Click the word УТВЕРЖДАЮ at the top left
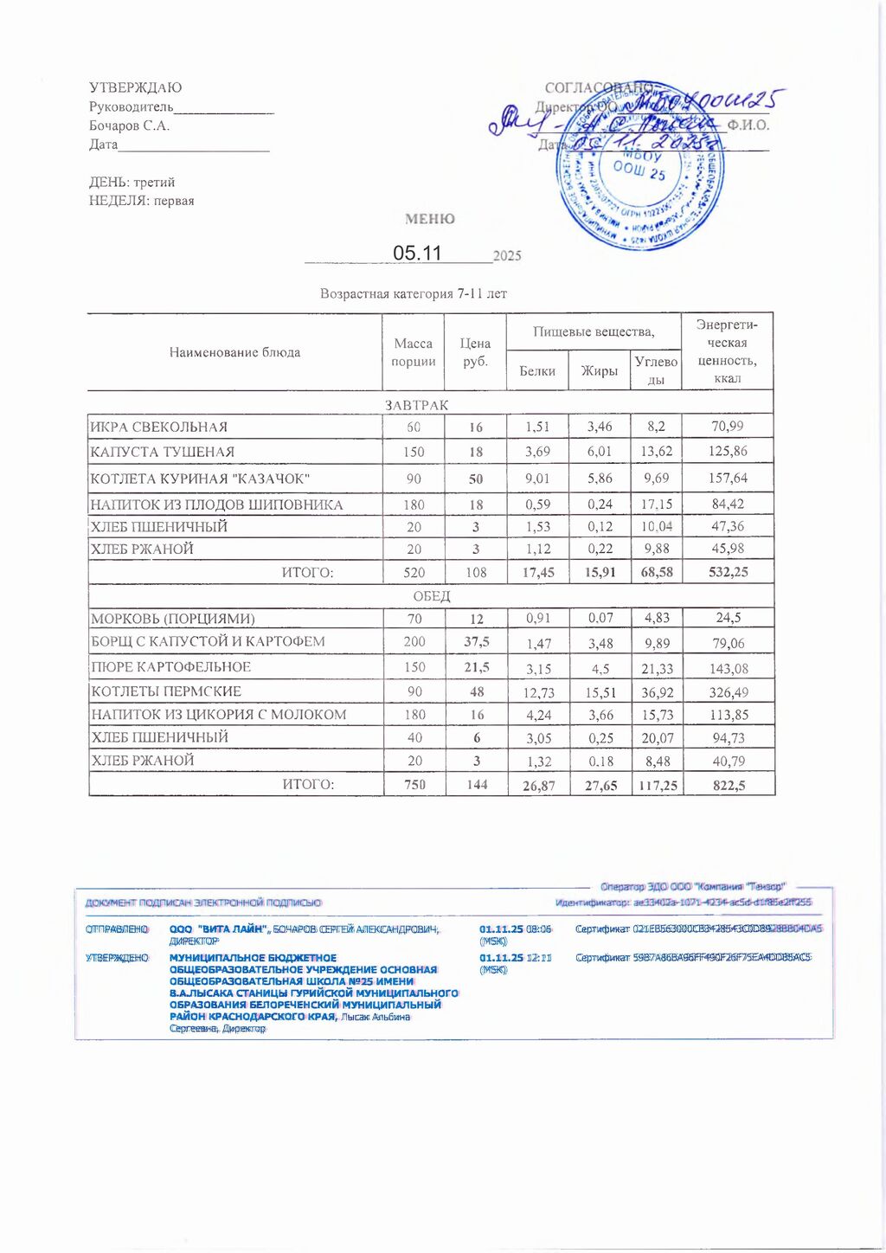point(135,87)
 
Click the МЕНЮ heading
point(430,219)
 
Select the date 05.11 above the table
point(417,253)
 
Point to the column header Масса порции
point(413,352)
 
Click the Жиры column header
point(599,370)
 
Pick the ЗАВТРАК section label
point(416,405)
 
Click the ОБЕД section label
point(431,596)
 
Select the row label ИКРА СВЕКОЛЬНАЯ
point(159,427)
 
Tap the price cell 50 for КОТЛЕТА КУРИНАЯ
point(476,479)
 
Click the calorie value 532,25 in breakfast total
point(728,572)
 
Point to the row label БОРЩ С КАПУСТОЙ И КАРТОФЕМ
point(209,641)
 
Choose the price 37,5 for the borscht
point(476,641)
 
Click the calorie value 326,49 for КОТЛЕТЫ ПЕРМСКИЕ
point(728,692)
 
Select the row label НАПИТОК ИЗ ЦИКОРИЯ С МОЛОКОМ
point(219,715)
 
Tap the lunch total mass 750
point(414,785)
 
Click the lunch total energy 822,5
point(729,785)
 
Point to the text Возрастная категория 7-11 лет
point(414,293)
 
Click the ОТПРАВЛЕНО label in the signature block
point(117,929)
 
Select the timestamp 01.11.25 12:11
point(516,957)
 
